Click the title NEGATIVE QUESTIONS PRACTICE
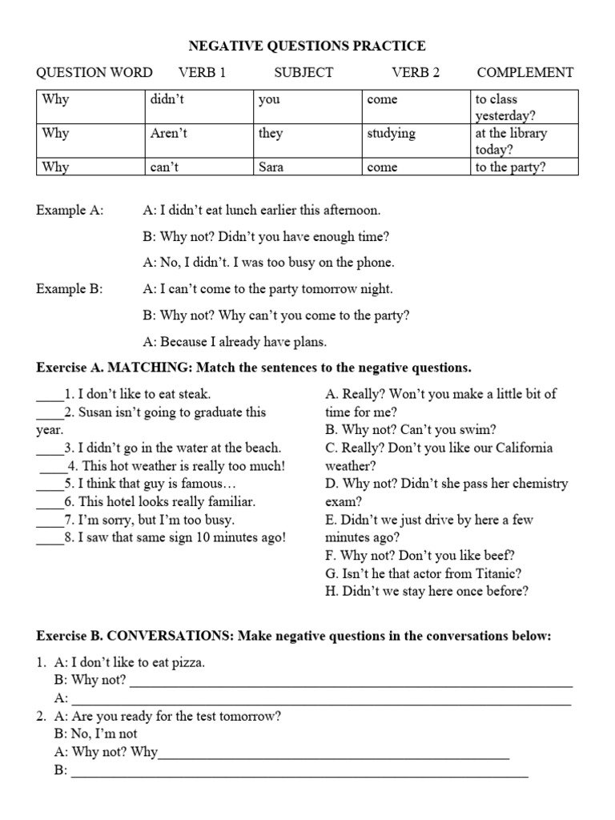pyautogui.click(x=307, y=46)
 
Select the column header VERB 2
pyautogui.click(x=416, y=73)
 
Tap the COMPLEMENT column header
pyautogui.click(x=525, y=73)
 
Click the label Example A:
pyautogui.click(x=70, y=211)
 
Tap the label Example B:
pyautogui.click(x=70, y=290)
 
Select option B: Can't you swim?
pyautogui.click(x=411, y=430)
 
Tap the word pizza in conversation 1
pyautogui.click(x=187, y=662)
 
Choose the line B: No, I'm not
pyautogui.click(x=95, y=734)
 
